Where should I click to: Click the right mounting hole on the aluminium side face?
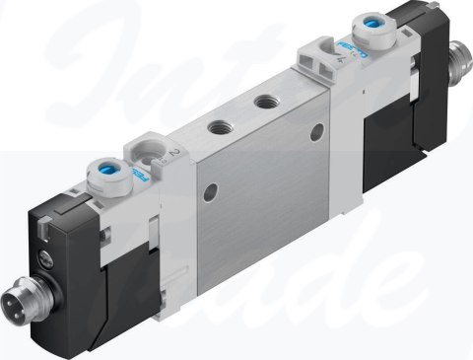[316, 131]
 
